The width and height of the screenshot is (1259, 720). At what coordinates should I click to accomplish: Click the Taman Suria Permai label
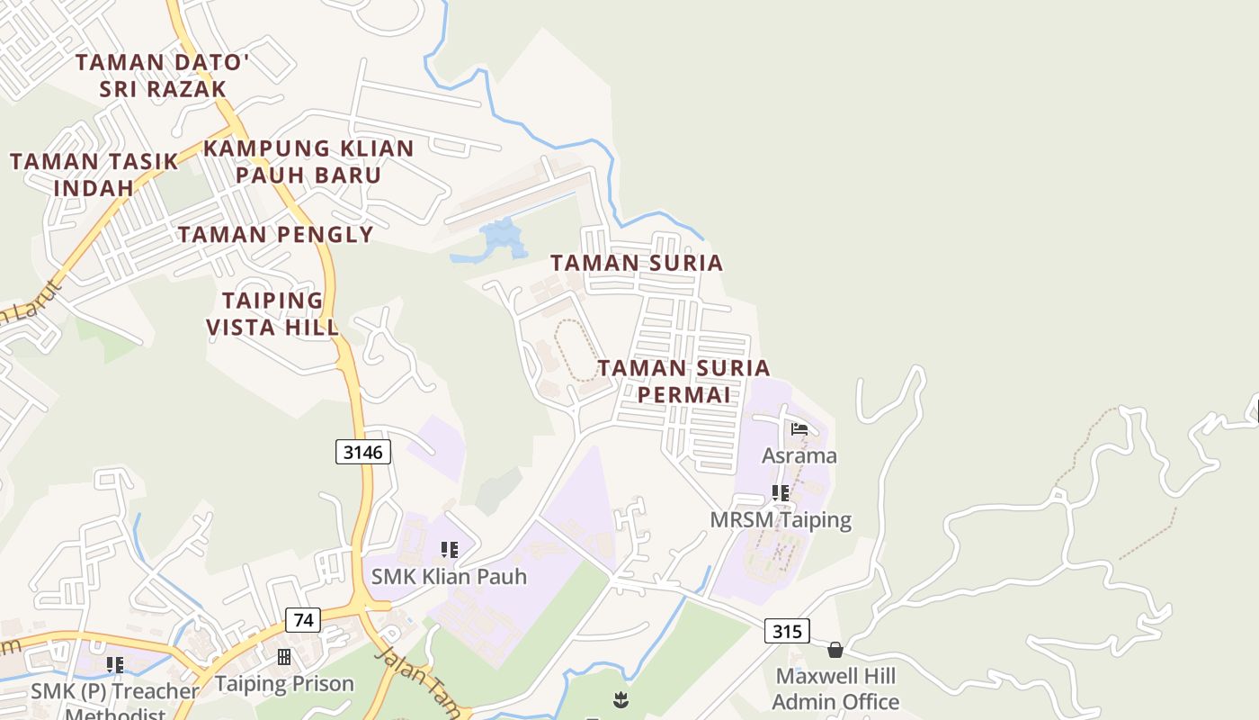[x=684, y=381]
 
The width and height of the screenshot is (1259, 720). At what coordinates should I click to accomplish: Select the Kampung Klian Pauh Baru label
[x=309, y=161]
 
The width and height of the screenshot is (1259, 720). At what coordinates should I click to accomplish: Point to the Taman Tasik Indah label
[x=94, y=174]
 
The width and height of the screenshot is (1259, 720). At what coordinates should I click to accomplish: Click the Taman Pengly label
[x=275, y=235]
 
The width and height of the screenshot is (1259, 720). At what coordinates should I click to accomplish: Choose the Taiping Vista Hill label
[x=272, y=313]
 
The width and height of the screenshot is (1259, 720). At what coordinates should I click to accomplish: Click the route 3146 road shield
[x=363, y=452]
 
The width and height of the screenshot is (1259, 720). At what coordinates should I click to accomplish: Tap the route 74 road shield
[x=303, y=620]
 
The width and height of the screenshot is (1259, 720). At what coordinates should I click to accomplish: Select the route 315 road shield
[x=787, y=631]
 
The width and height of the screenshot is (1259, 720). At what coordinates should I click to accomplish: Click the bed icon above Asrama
[x=799, y=429]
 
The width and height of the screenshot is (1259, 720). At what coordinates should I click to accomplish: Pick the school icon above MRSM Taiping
[x=781, y=493]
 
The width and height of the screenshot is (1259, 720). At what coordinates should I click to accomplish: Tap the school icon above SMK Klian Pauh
[x=449, y=550]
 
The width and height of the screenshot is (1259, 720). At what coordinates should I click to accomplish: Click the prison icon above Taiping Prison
[x=284, y=657]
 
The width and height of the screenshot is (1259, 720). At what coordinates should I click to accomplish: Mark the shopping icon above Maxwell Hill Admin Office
[x=835, y=650]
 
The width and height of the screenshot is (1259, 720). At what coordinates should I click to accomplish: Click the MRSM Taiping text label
[x=781, y=520]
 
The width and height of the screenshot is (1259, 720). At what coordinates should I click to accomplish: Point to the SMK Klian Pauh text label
[x=449, y=576]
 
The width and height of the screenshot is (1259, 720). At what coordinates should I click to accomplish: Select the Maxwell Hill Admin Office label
[x=835, y=688]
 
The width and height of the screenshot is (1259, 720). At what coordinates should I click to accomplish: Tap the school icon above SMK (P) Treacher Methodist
[x=114, y=665]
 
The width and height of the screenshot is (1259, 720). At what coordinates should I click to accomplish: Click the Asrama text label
[x=799, y=455]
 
